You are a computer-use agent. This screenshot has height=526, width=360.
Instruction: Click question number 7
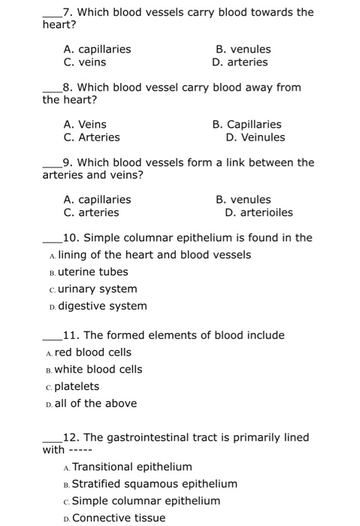[x=68, y=12]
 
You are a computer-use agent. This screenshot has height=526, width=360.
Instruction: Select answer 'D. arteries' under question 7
[x=240, y=62]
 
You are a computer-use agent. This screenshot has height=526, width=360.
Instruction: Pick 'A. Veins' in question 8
[x=85, y=124]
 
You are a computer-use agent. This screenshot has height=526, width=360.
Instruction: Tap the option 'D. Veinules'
[x=255, y=138]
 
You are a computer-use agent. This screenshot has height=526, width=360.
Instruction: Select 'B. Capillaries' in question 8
[x=247, y=124]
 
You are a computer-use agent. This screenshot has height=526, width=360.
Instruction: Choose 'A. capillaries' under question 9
[x=97, y=199]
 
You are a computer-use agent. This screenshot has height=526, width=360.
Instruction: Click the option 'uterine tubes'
[x=92, y=272]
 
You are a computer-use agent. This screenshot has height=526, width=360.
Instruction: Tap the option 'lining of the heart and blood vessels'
[x=154, y=255]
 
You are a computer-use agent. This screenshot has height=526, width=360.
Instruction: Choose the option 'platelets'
[x=77, y=386]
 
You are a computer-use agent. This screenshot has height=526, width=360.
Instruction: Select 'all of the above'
[x=95, y=404]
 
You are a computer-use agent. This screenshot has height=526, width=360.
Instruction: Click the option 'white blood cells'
[x=98, y=369]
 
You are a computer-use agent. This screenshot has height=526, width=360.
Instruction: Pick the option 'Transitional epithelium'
[x=132, y=467]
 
